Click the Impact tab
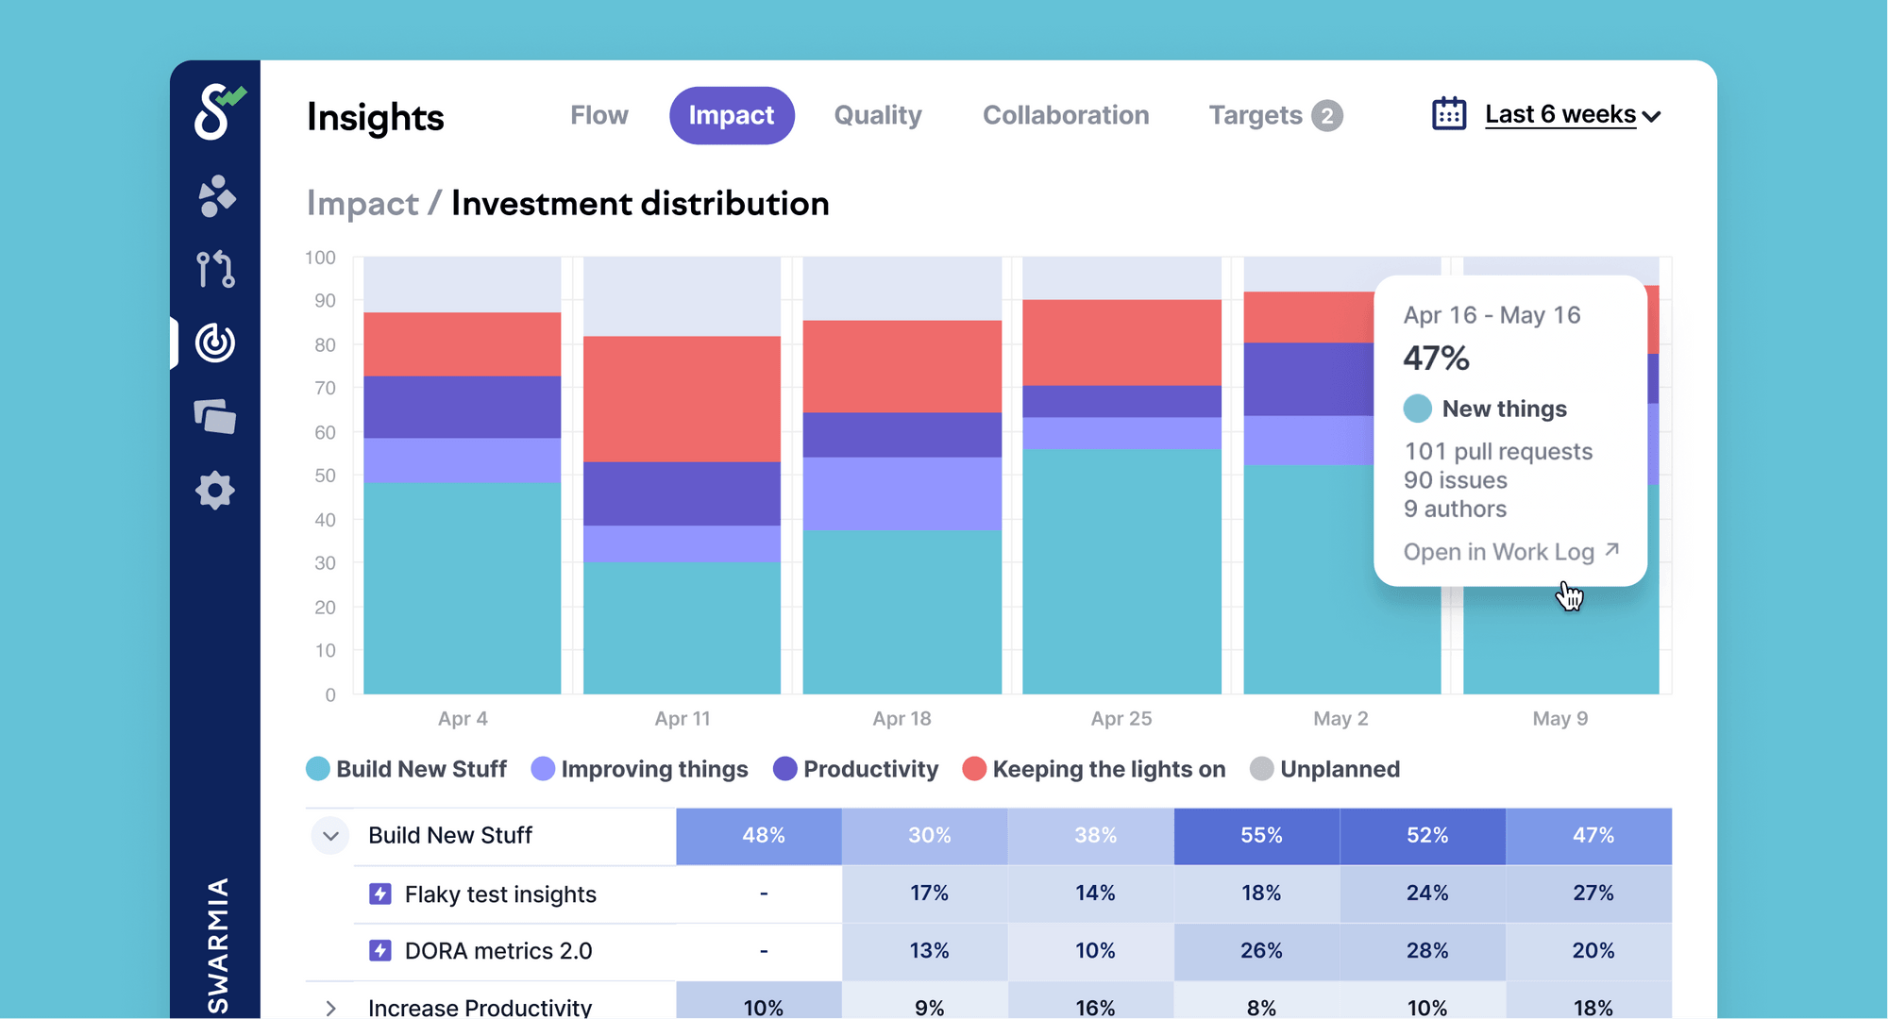point(732,115)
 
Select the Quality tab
point(877,115)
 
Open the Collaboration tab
point(1066,115)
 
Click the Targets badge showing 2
point(1326,116)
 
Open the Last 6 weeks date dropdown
point(1572,115)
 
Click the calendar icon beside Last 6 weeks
point(1449,114)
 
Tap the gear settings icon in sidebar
point(215,491)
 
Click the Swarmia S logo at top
point(216,111)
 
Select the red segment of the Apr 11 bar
point(682,398)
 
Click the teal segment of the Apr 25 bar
point(1121,571)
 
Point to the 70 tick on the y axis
point(325,388)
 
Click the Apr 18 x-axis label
point(902,719)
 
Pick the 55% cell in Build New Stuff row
point(1260,836)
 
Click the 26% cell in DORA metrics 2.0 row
point(1260,951)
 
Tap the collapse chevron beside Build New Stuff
point(330,836)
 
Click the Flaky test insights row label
point(499,894)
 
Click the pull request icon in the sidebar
point(215,269)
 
